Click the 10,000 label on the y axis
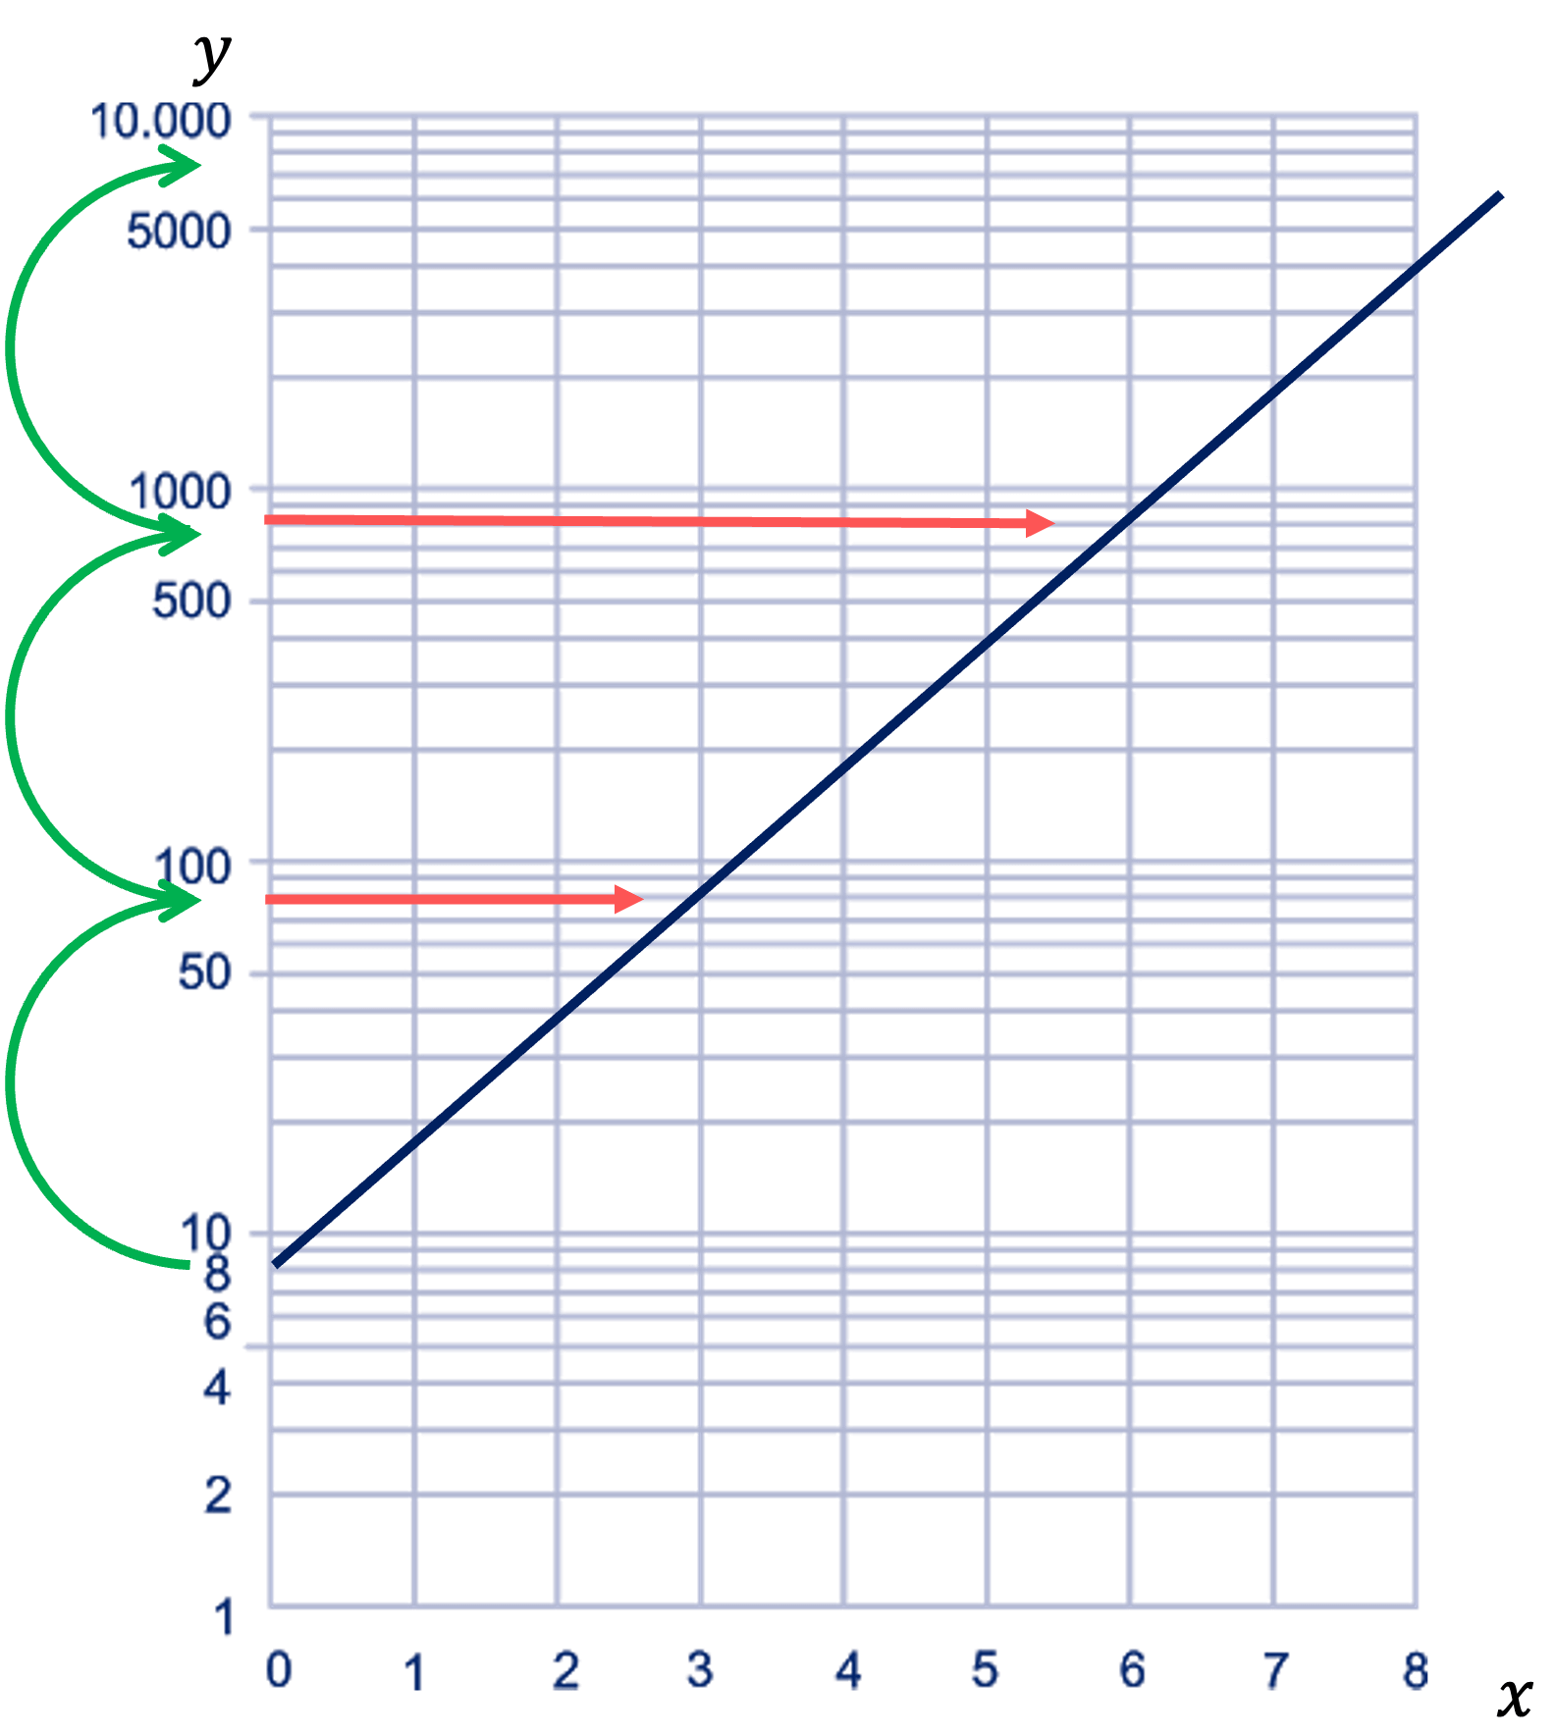(x=161, y=123)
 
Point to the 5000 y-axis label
(x=179, y=232)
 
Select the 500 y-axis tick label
(x=191, y=600)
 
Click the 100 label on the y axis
(x=193, y=867)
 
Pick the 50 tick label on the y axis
(x=204, y=973)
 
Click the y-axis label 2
(x=218, y=1495)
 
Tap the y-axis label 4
(x=218, y=1388)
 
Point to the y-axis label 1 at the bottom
(x=225, y=1617)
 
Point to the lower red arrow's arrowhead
(x=629, y=898)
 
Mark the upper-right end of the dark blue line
(x=1499, y=197)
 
